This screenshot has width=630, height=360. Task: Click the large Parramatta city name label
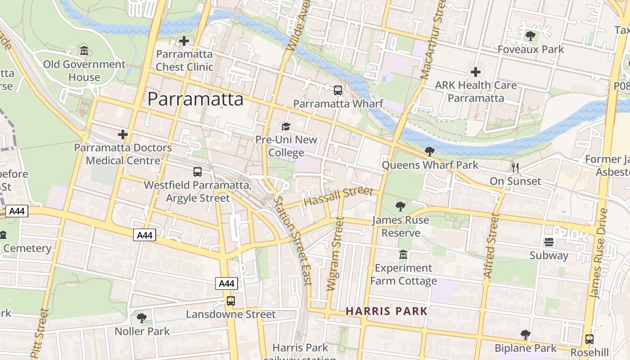195,99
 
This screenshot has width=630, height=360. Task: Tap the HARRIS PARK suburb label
387,311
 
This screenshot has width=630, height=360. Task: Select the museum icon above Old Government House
84,51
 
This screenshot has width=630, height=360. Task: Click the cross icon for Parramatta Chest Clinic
184,41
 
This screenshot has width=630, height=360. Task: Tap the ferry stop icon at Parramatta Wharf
338,90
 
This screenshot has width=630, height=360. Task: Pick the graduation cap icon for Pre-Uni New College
286,127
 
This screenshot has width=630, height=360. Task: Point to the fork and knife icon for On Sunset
515,168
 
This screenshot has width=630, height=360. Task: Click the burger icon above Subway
549,242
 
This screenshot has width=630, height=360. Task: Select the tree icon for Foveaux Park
531,36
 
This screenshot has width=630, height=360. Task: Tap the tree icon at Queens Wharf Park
430,152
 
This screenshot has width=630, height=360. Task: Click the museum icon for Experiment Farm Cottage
403,255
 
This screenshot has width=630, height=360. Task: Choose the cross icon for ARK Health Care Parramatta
475,72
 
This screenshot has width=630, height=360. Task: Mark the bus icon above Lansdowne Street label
231,301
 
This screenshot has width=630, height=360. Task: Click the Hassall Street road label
338,197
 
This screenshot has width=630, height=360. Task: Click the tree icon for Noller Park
142,318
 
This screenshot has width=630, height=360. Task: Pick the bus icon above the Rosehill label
589,339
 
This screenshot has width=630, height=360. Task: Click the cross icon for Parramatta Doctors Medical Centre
122,135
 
